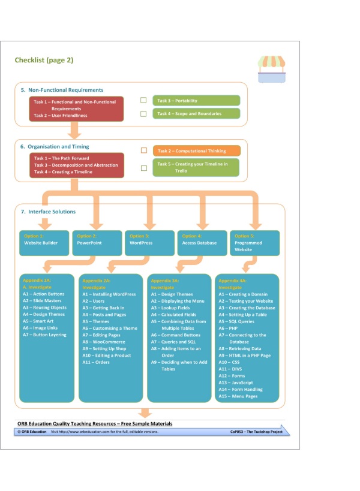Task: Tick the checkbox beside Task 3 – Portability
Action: click(143, 101)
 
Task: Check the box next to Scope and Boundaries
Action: click(143, 113)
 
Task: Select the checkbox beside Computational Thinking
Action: click(143, 150)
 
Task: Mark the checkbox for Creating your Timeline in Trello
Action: click(143, 168)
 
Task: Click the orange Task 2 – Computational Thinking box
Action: click(196, 150)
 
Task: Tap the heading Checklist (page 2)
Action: click(44, 60)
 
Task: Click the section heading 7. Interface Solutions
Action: click(48, 212)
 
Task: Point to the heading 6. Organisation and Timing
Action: click(55, 146)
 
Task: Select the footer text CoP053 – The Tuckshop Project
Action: click(256, 432)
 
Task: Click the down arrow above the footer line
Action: click(145, 413)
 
